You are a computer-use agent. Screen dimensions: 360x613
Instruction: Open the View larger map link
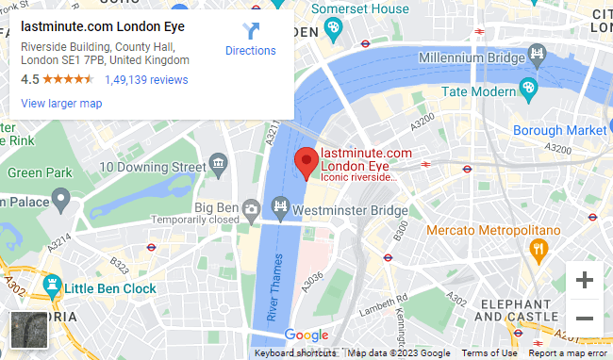click(61, 103)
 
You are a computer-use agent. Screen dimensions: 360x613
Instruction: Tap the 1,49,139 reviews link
click(146, 80)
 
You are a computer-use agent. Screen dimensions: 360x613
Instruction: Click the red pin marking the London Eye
click(306, 163)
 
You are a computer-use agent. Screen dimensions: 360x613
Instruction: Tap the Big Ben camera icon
click(251, 207)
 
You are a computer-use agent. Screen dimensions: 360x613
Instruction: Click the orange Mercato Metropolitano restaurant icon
click(539, 249)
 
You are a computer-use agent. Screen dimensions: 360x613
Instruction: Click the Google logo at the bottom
click(306, 335)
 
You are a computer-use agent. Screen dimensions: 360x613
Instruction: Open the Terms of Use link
click(489, 353)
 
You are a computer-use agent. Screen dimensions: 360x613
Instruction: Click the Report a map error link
click(567, 353)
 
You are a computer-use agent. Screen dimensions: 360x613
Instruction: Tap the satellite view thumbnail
click(28, 330)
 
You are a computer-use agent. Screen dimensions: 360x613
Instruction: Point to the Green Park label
click(40, 172)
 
